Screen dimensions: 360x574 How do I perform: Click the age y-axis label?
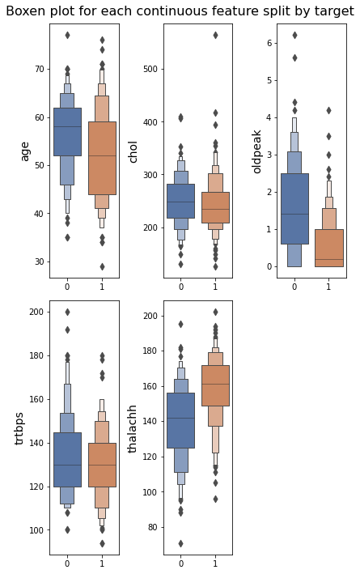click(24, 152)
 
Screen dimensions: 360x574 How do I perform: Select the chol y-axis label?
click(133, 152)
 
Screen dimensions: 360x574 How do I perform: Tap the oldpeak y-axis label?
click(256, 151)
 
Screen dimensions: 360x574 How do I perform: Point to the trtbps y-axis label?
click(19, 428)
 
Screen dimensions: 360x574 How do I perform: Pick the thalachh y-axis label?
click(132, 428)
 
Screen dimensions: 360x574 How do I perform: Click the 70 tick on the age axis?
click(39, 69)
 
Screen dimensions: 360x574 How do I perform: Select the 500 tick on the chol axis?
click(150, 69)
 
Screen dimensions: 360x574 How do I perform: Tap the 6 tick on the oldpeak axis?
click(269, 43)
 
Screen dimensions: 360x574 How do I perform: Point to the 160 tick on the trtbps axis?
click(36, 399)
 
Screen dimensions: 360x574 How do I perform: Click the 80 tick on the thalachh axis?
click(153, 527)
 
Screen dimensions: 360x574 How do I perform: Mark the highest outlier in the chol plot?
click(215, 35)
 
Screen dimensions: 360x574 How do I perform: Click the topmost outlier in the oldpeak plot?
click(294, 35)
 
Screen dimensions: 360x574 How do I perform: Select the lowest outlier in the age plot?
click(102, 266)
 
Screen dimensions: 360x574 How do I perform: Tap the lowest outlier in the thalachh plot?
click(180, 543)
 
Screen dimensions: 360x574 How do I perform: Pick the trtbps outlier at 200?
click(67, 312)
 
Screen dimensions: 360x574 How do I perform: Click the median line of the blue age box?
click(68, 126)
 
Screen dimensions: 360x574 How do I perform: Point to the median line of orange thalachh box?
click(215, 384)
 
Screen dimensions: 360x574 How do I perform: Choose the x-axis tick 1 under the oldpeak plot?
click(328, 287)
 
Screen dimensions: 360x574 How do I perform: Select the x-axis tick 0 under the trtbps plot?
click(67, 563)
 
